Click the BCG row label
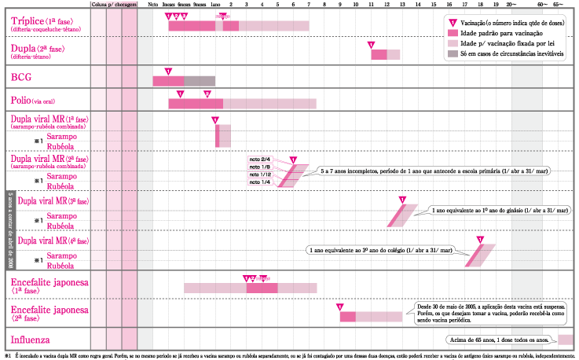tap(20, 78)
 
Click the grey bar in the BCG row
tap(200, 80)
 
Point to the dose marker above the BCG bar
tap(167, 72)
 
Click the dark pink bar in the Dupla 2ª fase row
tap(379, 54)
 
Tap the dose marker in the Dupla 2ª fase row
tap(372, 45)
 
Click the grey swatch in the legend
tap(453, 54)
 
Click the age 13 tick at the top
tap(402, 5)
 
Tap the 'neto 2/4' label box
tap(260, 160)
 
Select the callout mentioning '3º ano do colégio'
tap(380, 250)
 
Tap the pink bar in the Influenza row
tap(564, 340)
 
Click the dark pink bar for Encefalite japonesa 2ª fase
tap(347, 316)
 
